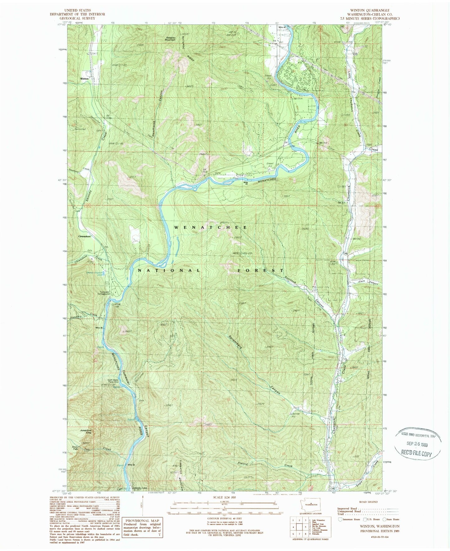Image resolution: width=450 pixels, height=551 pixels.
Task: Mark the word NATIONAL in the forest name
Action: click(x=168, y=271)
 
